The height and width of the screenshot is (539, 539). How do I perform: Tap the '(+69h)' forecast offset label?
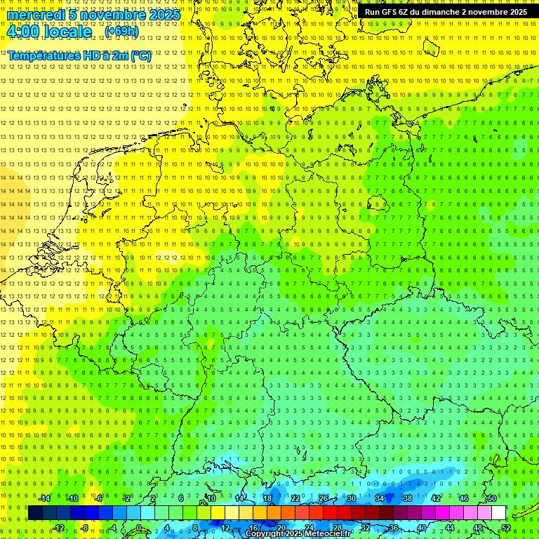pyautogui.click(x=121, y=32)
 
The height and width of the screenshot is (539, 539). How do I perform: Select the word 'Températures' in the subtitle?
pyautogui.click(x=42, y=55)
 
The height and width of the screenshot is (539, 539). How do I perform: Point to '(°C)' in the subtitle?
pyautogui.click(x=140, y=55)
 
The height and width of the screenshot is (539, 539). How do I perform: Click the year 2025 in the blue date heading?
pyautogui.click(x=164, y=15)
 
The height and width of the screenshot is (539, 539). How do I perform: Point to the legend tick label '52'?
pyautogui.click(x=506, y=528)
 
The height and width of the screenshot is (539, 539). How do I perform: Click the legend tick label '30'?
pyautogui.click(x=352, y=498)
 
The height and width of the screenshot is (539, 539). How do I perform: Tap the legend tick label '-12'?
pyautogui.click(x=58, y=528)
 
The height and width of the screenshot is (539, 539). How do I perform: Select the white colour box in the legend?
pyautogui.click(x=498, y=512)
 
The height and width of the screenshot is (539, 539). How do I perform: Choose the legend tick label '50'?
pyautogui.click(x=491, y=498)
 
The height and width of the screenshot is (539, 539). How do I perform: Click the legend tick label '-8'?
pyautogui.click(x=86, y=528)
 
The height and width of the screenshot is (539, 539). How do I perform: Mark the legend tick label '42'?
pyautogui.click(x=435, y=498)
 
